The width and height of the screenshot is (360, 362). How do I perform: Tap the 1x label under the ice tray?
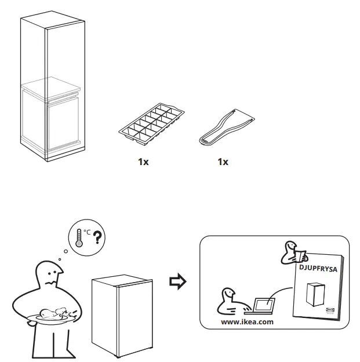[143, 162]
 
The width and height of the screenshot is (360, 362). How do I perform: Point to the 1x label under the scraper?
[223, 162]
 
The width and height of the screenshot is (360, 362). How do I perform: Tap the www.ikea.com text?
[248, 321]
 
